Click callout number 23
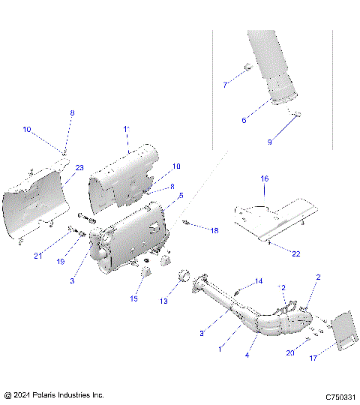coord(79,168)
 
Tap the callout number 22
coord(295,254)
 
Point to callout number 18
coord(214,231)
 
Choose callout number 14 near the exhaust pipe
coord(259,281)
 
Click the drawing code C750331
coord(339,396)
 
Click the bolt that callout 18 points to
coord(187,223)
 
